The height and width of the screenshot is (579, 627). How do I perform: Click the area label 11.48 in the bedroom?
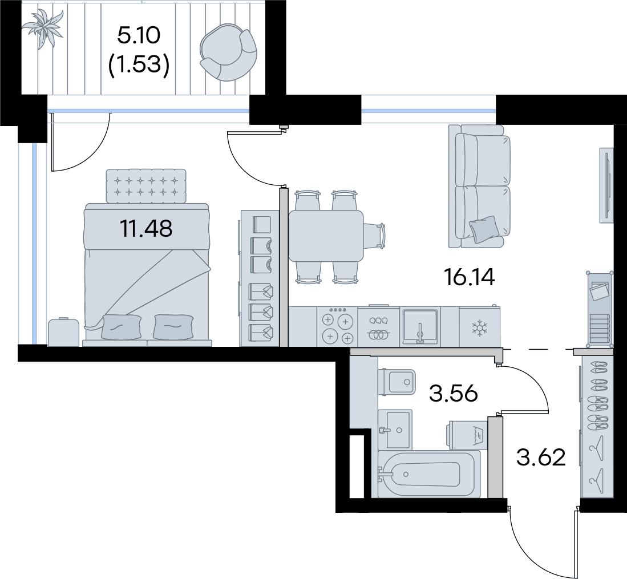pyautogui.click(x=147, y=229)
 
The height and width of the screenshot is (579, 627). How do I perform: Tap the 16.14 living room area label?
pyautogui.click(x=470, y=277)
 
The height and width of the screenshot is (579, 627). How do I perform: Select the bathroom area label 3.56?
pyautogui.click(x=454, y=394)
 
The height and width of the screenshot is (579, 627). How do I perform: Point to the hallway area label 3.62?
pyautogui.click(x=541, y=457)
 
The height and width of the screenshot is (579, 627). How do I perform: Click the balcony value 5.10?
pyautogui.click(x=139, y=35)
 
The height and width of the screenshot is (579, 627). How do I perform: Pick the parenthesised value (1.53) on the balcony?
pyautogui.click(x=139, y=64)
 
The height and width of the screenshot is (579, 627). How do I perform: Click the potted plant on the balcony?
pyautogui.click(x=42, y=28)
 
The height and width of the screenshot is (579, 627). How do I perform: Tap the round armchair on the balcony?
pyautogui.click(x=228, y=52)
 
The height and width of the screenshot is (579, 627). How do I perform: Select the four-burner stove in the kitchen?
pyautogui.click(x=337, y=326)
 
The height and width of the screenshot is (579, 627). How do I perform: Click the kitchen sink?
pyautogui.click(x=420, y=326)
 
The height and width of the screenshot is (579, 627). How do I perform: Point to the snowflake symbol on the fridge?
pyautogui.click(x=478, y=327)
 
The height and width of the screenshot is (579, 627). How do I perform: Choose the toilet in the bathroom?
pyautogui.click(x=397, y=382)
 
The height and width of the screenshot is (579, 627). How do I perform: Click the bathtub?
pyautogui.click(x=428, y=474)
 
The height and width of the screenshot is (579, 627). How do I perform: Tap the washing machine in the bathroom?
pyautogui.click(x=468, y=435)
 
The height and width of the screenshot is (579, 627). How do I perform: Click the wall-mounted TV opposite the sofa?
pyautogui.click(x=606, y=185)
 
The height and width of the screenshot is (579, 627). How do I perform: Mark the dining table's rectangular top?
pyautogui.click(x=326, y=236)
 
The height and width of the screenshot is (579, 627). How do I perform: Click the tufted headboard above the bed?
pyautogui.click(x=146, y=185)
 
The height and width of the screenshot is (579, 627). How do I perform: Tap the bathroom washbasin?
pyautogui.click(x=396, y=430)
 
